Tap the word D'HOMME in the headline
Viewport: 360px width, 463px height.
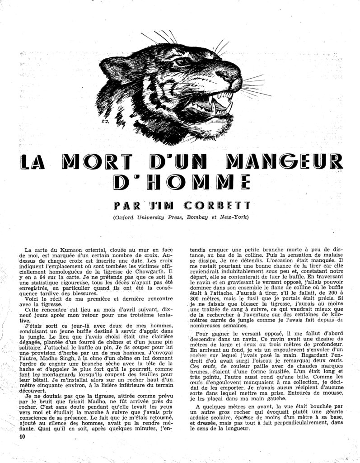pyautogui.click(x=179, y=183)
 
